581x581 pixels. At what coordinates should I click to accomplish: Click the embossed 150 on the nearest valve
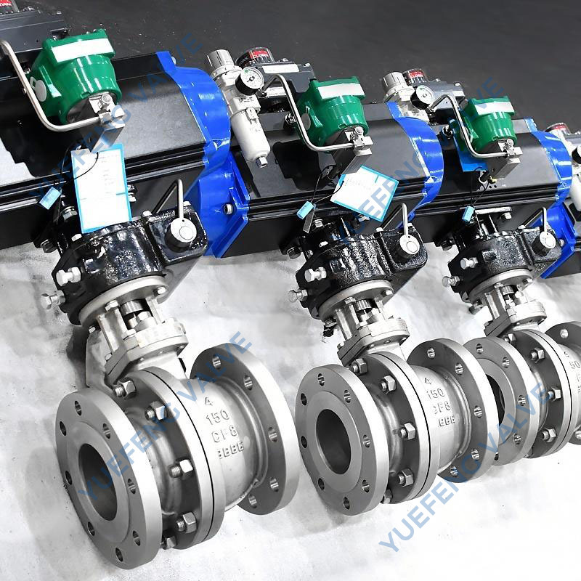click(x=218, y=418)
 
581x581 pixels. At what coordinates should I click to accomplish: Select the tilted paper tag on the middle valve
click(x=364, y=192)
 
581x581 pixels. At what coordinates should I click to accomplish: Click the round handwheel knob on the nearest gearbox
click(x=182, y=231)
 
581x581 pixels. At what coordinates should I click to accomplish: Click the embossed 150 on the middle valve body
click(x=436, y=393)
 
